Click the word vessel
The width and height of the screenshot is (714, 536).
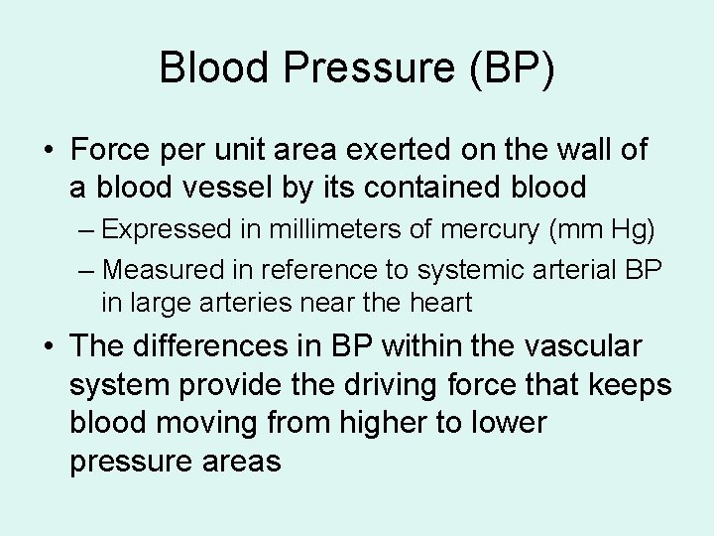pos(241,187)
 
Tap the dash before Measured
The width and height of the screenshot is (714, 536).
pos(87,268)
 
